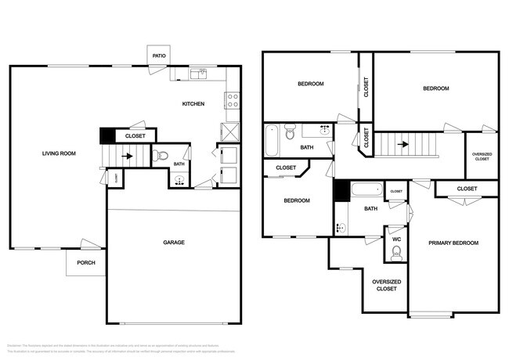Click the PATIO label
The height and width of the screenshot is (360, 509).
click(x=159, y=56)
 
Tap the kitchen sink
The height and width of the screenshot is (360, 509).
click(x=201, y=74)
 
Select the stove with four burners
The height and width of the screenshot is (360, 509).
click(x=233, y=100)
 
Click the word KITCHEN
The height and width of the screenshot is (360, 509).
click(x=193, y=104)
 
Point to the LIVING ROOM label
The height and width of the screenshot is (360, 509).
click(x=59, y=153)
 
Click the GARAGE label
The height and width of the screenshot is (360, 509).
click(x=174, y=243)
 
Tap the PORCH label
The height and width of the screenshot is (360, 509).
click(x=85, y=263)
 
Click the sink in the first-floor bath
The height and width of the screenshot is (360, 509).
click(x=179, y=182)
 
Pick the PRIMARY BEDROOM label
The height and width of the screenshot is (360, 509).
click(x=453, y=243)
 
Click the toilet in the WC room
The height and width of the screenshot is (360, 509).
click(x=396, y=252)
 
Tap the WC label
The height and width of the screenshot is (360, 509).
click(x=396, y=238)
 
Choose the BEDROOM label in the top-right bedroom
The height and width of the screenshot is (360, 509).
click(x=435, y=88)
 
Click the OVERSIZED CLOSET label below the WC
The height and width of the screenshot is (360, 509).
click(x=386, y=285)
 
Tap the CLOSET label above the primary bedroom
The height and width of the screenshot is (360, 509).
click(x=467, y=189)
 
